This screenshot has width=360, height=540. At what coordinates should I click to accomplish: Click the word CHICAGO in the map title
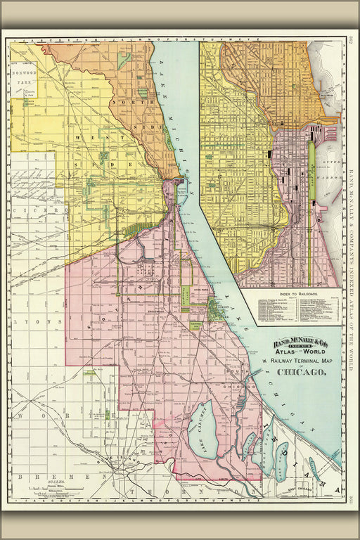point(300,372)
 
